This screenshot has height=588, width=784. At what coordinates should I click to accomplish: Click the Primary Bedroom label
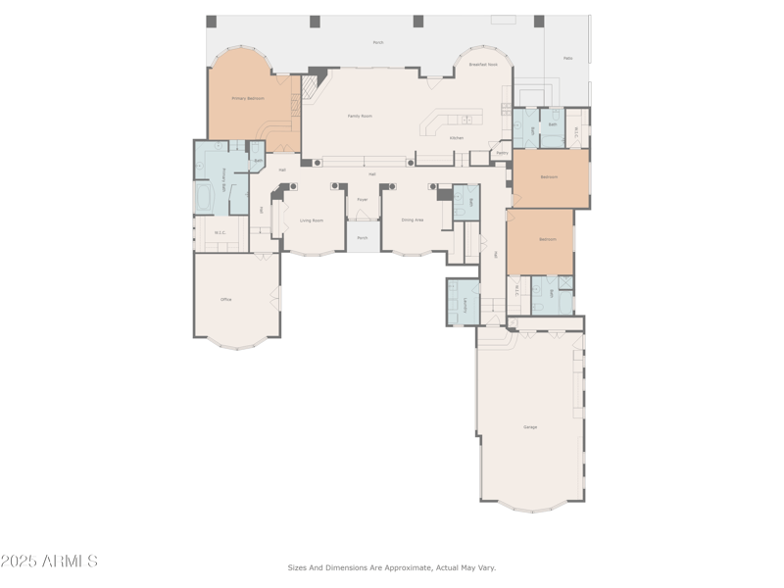pos(248,99)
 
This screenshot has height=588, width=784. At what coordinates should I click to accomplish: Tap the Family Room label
pos(360,116)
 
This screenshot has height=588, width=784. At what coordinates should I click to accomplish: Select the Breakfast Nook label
pos(483,65)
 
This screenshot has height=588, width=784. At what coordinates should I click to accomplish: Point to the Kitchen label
pos(457,138)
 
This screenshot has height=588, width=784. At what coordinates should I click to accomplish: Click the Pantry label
pos(502,153)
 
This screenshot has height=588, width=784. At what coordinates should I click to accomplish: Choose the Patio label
pos(567,59)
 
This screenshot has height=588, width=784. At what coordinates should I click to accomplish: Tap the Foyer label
pos(362,199)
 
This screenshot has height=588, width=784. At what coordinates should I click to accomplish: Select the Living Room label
pos(312,220)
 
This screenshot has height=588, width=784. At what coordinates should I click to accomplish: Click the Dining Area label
pos(413,220)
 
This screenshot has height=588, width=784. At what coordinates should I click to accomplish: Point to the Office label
pos(225,300)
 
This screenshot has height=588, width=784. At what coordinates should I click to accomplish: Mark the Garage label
pos(530,427)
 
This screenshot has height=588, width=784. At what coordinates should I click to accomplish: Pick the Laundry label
pos(453,304)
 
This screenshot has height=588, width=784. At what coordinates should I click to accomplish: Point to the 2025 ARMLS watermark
pos(49,562)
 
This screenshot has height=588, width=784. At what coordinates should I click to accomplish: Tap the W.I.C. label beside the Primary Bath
pos(220,233)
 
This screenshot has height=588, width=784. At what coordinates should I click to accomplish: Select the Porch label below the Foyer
pos(362,238)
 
